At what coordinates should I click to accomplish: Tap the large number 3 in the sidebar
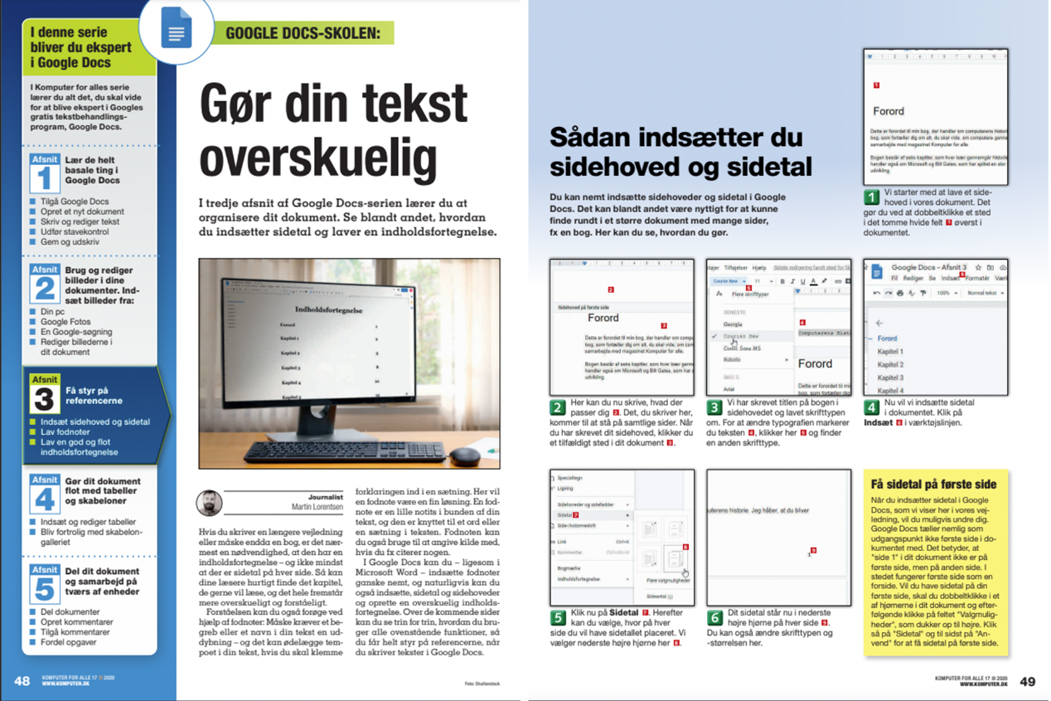(44, 400)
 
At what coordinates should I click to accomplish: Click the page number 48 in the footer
(22, 681)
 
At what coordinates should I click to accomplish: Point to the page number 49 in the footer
(1027, 681)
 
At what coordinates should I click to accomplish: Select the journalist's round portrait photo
(209, 503)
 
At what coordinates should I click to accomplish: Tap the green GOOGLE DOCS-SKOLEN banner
(303, 33)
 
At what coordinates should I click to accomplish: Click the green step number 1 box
(871, 197)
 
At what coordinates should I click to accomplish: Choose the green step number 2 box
(558, 408)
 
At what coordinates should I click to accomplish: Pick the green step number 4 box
(871, 408)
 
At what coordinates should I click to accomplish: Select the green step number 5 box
(558, 618)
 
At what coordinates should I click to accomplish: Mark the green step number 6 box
(714, 618)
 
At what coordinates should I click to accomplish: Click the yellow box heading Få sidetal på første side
(933, 484)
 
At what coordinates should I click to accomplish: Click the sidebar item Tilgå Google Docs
(75, 202)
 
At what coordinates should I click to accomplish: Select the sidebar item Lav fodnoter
(65, 431)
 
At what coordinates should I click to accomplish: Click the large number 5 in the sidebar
(44, 587)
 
